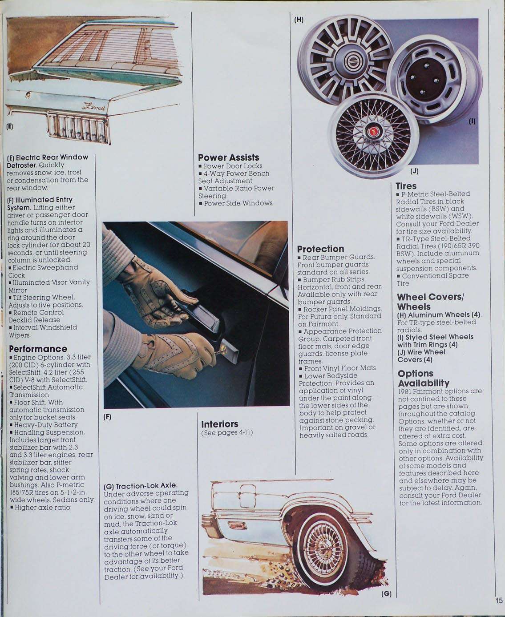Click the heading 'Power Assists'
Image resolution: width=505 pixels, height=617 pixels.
pyautogui.click(x=228, y=157)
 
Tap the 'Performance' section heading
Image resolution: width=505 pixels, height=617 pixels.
pyautogui.click(x=38, y=349)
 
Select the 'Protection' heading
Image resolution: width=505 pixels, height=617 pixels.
pyautogui.click(x=320, y=249)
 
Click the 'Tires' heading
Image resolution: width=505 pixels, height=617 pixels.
pyautogui.click(x=406, y=186)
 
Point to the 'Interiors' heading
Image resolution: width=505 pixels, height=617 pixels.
pyautogui.click(x=219, y=424)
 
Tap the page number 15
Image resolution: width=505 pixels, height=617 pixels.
pyautogui.click(x=498, y=600)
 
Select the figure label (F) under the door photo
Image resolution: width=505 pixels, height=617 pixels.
pyautogui.click(x=107, y=417)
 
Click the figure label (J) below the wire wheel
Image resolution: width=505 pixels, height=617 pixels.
pyautogui.click(x=414, y=171)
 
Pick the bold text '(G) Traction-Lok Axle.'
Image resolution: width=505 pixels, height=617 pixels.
pyautogui.click(x=141, y=485)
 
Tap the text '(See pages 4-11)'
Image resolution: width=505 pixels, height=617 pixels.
pyautogui.click(x=227, y=432)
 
